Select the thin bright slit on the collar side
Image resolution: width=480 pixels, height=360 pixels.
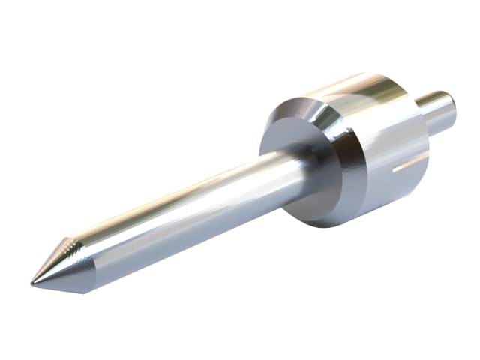pyautogui.click(x=409, y=163)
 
